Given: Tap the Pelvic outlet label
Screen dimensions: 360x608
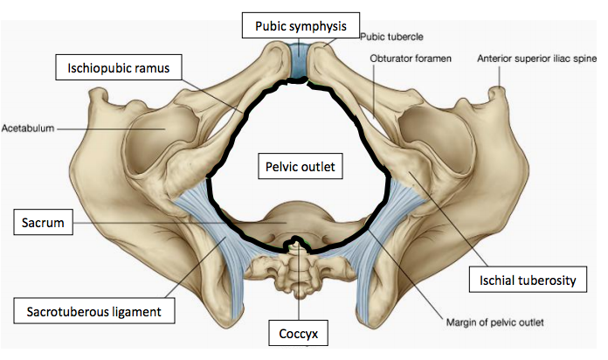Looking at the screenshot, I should [x=299, y=164].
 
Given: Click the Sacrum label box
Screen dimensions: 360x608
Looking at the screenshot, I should [x=42, y=224].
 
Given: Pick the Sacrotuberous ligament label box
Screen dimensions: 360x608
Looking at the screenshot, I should [x=93, y=308].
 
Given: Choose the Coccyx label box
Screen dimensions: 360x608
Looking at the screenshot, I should [x=299, y=334].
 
